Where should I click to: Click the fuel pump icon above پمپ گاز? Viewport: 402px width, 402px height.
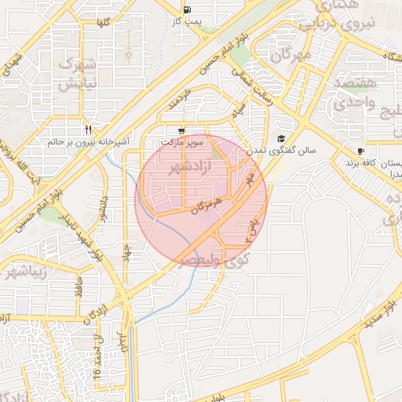tap(186, 10)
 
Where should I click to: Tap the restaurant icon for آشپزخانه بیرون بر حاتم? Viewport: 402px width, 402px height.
tap(89, 130)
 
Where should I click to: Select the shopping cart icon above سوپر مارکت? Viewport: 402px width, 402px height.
tap(182, 132)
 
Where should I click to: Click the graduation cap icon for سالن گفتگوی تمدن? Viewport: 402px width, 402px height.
tap(281, 138)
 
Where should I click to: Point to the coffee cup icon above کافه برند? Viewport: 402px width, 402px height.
tap(360, 152)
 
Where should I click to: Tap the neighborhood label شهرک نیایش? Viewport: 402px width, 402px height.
tap(79, 71)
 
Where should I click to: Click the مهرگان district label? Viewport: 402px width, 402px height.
tap(290, 55)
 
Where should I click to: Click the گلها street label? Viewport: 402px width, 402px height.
tap(101, 24)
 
